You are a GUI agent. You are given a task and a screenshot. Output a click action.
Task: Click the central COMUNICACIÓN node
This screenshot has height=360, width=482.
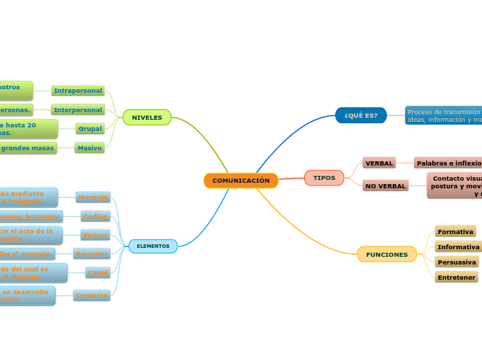(x=241, y=181)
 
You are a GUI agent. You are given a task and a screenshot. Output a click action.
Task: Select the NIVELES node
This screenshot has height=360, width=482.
(x=147, y=118)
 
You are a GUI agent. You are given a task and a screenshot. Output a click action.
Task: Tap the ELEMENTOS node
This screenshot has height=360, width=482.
(x=153, y=246)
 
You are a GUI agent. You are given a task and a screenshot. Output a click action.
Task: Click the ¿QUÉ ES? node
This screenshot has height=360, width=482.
(x=361, y=115)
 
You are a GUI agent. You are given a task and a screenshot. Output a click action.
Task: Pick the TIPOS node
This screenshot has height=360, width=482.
(x=324, y=178)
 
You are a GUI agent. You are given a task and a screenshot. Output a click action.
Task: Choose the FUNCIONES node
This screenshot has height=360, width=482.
(x=387, y=255)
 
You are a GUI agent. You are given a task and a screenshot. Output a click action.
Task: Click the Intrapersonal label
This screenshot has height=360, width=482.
(x=78, y=91)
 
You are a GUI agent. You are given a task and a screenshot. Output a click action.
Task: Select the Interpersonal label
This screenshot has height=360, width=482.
(x=78, y=109)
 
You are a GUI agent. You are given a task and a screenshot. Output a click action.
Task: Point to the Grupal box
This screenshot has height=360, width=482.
(x=90, y=128)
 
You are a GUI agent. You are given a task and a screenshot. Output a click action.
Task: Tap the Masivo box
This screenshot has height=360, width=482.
(x=89, y=147)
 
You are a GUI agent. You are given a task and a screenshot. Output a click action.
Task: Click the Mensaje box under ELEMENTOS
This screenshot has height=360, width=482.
(x=93, y=197)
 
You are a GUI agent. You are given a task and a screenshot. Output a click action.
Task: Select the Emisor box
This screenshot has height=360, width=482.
(x=95, y=235)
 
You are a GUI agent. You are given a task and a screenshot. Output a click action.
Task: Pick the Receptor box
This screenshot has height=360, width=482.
(x=91, y=254)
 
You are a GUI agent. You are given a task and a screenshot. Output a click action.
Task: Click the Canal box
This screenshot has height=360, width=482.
(x=98, y=273)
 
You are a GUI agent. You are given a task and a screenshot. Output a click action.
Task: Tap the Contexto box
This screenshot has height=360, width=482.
(x=92, y=296)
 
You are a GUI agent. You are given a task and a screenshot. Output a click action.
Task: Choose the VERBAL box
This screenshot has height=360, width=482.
(x=379, y=163)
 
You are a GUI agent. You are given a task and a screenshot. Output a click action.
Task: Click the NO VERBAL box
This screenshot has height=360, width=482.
(x=385, y=186)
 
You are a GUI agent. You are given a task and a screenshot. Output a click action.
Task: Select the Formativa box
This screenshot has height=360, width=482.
(x=456, y=231)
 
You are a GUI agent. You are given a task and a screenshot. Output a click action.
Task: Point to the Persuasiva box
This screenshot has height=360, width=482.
(x=457, y=262)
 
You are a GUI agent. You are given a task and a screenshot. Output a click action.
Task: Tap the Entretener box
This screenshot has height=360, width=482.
(x=456, y=278)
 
